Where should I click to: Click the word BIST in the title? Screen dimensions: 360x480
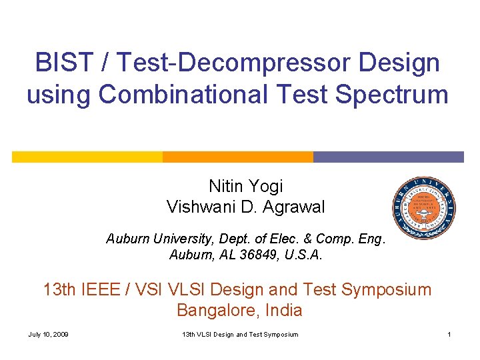click(x=59, y=63)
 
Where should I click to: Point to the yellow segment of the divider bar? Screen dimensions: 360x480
click(x=87, y=157)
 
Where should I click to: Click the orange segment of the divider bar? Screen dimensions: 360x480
click(x=238, y=157)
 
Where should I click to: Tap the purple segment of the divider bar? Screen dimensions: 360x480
click(x=388, y=157)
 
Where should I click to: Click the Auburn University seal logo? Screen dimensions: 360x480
click(x=424, y=209)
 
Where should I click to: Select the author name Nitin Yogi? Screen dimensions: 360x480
click(x=246, y=186)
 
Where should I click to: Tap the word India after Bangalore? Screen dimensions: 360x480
click(x=283, y=310)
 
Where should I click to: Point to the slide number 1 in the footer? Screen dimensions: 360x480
click(x=450, y=334)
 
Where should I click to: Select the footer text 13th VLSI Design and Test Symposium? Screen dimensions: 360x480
click(x=240, y=334)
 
